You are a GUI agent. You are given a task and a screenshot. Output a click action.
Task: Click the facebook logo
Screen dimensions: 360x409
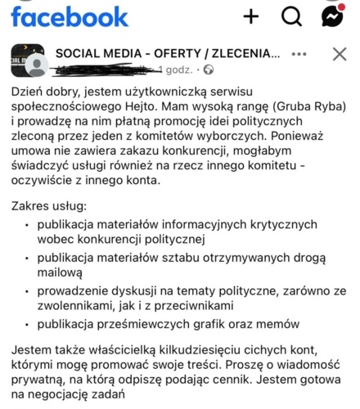70,16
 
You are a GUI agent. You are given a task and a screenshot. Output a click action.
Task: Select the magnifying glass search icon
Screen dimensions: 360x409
292,16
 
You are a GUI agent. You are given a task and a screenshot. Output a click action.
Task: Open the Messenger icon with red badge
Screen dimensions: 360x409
331,16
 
